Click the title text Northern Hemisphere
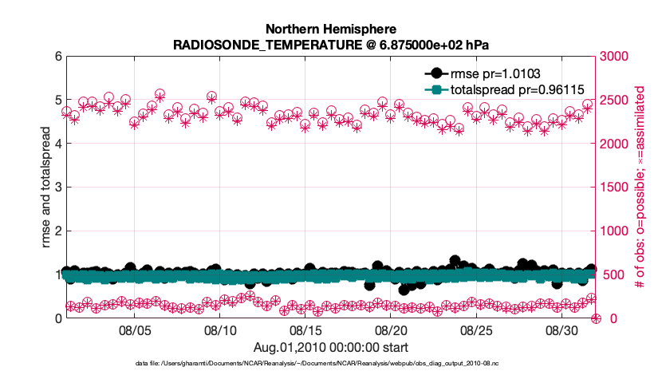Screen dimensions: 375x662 pyautogui.click(x=330, y=30)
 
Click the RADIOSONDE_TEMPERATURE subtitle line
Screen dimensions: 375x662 pyautogui.click(x=330, y=45)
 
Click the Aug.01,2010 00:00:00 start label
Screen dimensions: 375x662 pyautogui.click(x=330, y=347)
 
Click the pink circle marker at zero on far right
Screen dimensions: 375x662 pyautogui.click(x=596, y=318)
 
